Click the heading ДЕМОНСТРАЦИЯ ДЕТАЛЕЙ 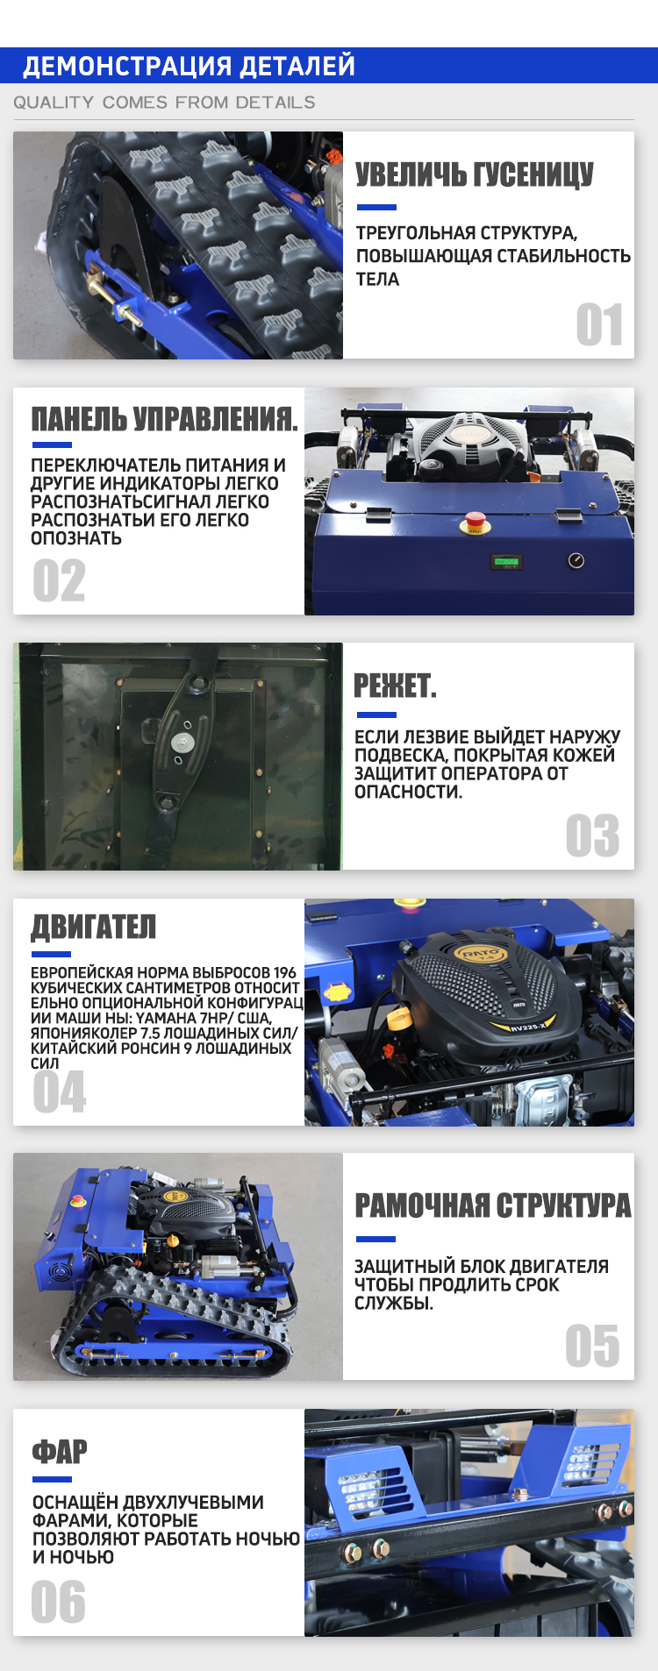click(x=189, y=66)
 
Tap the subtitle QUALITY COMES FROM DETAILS click(x=164, y=103)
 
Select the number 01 click(x=599, y=325)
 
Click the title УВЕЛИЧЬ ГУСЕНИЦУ click(x=475, y=174)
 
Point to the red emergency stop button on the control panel click(x=475, y=522)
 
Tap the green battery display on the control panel click(x=507, y=561)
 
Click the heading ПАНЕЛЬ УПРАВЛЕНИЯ click(x=164, y=419)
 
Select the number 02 click(x=59, y=580)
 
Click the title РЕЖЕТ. click(x=395, y=686)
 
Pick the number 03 click(x=592, y=835)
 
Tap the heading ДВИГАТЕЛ click(x=93, y=927)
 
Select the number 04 click(x=60, y=1091)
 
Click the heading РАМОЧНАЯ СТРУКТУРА click(x=493, y=1205)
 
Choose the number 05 click(x=592, y=1346)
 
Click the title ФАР click(x=60, y=1453)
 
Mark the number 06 click(x=59, y=1602)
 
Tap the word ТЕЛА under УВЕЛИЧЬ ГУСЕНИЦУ click(x=377, y=280)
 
